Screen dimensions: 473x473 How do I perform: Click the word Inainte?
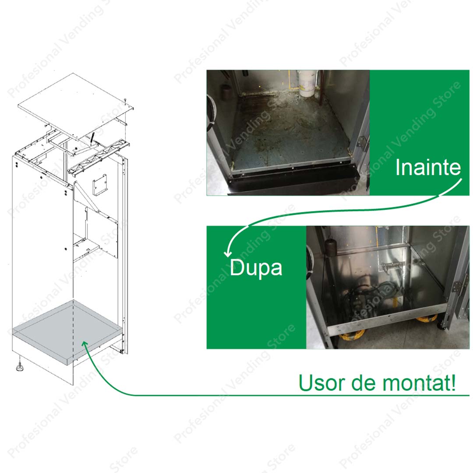coord(428,167)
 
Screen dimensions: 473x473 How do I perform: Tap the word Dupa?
coord(256,268)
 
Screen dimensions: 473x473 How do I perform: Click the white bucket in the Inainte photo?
coord(307,83)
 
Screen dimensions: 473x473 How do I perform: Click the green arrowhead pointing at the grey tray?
coord(85,345)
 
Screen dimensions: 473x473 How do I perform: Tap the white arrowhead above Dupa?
coord(227,253)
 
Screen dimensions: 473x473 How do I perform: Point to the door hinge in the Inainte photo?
coord(362,142)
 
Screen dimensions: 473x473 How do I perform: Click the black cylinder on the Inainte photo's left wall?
coord(226,92)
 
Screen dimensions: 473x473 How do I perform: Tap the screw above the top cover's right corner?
coord(124,100)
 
